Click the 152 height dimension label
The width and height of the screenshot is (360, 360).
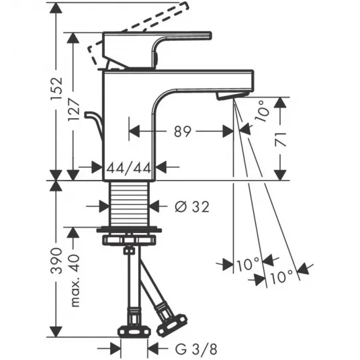(x=56, y=88)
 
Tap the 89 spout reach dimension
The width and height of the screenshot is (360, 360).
(x=183, y=132)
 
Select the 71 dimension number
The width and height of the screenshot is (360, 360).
(x=281, y=139)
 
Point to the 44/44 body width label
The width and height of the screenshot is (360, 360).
(x=129, y=168)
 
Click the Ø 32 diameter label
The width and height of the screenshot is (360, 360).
(x=192, y=207)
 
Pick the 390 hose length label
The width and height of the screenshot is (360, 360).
(x=56, y=261)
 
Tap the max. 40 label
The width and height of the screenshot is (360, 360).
(x=75, y=280)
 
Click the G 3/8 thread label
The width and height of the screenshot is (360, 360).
(x=196, y=350)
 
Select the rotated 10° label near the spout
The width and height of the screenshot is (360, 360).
(x=262, y=111)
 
